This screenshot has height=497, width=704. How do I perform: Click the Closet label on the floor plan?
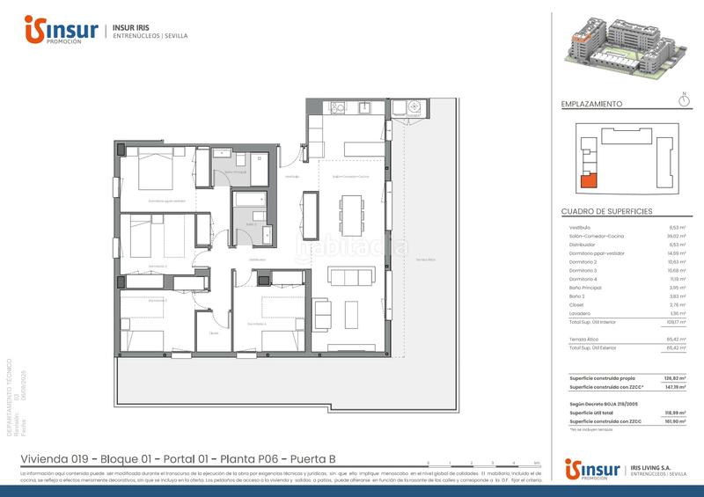click(x=212, y=333)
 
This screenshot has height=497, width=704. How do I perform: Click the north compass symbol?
click(x=685, y=100)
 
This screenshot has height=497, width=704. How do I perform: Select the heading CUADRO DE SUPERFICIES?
click(x=606, y=213)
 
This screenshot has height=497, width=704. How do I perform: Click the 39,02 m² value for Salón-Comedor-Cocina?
click(x=677, y=236)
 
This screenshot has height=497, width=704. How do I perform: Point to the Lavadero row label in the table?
click(x=579, y=313)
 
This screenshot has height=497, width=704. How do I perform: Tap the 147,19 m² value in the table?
click(x=677, y=387)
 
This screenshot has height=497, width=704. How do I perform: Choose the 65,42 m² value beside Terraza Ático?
click(x=677, y=338)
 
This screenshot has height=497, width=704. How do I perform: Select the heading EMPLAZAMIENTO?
click(x=591, y=104)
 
